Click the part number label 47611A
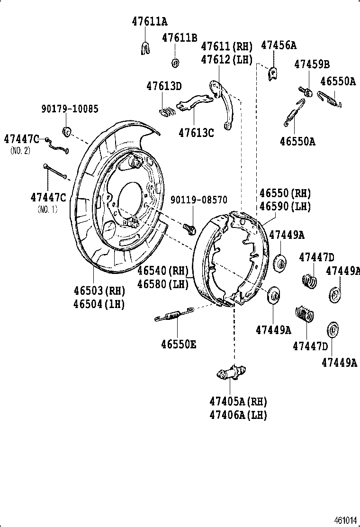(x=149, y=21)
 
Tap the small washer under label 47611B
(x=175, y=63)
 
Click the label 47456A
(x=279, y=45)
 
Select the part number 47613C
(x=196, y=133)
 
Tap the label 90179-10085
(x=70, y=109)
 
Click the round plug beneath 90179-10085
(x=67, y=131)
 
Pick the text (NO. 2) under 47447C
(x=21, y=150)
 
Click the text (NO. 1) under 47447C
(x=47, y=209)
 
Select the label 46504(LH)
(x=99, y=304)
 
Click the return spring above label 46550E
(x=174, y=314)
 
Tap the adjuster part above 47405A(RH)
(x=232, y=373)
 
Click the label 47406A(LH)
(x=238, y=415)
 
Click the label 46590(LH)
(x=285, y=207)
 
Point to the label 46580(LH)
(x=163, y=284)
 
